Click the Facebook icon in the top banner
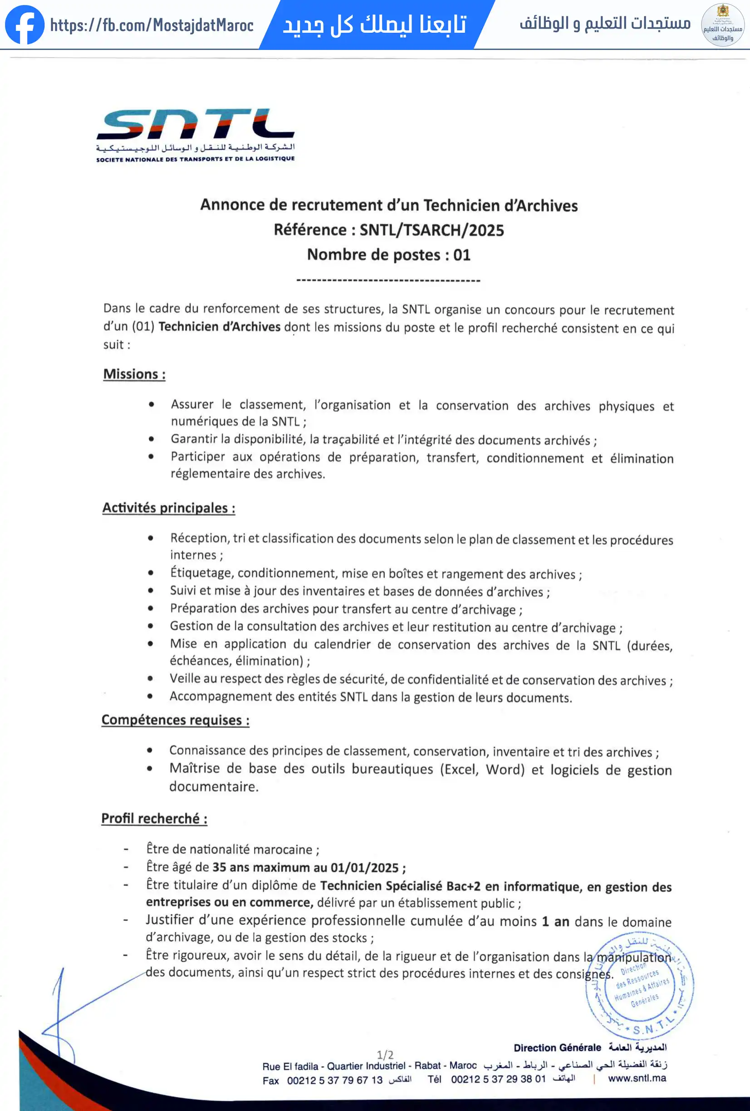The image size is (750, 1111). point(25,25)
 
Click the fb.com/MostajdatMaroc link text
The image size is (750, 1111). point(152,25)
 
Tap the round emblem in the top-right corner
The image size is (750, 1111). point(722,25)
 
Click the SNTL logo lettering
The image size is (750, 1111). point(196,124)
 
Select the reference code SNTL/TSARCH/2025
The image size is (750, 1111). point(431,230)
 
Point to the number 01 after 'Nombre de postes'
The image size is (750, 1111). point(461,255)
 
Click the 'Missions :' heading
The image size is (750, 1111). point(134,374)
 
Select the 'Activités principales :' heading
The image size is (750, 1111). point(169,508)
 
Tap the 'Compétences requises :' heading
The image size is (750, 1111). point(175,720)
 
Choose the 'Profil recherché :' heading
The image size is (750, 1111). point(154,819)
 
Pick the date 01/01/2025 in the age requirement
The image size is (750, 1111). point(364,868)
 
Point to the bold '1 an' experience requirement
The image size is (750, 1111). point(555,921)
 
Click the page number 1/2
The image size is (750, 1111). point(385,1055)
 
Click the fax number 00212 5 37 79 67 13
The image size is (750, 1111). point(334,1081)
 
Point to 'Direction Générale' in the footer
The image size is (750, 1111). point(557,1048)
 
